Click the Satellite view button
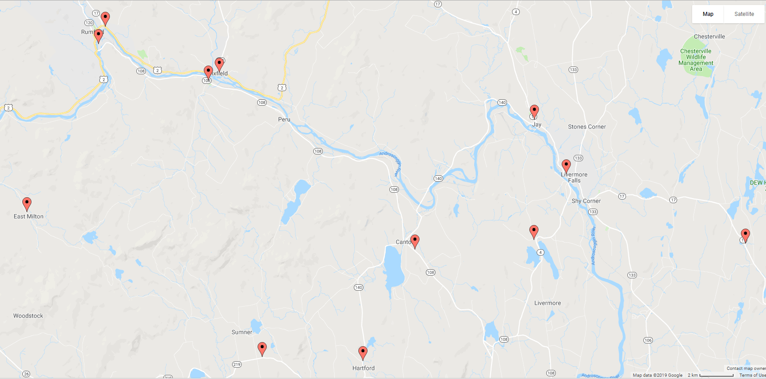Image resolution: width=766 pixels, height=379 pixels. point(744,14)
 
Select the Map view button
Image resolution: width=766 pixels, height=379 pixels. point(708,14)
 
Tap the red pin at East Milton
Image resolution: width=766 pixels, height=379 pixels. point(27,204)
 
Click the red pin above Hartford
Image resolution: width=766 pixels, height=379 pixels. point(363,353)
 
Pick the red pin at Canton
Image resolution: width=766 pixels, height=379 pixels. point(414,241)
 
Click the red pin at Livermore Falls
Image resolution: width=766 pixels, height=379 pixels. point(566,166)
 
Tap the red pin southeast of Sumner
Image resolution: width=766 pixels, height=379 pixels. point(262,348)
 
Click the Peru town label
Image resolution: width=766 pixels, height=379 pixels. point(284,119)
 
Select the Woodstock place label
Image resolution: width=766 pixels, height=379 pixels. point(28,316)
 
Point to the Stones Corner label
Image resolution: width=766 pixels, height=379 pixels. point(587,127)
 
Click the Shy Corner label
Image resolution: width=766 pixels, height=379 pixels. point(586,201)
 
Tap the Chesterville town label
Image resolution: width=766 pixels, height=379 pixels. point(709,36)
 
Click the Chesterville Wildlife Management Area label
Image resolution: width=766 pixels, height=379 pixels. point(696,60)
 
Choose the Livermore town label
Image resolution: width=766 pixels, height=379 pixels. point(548,303)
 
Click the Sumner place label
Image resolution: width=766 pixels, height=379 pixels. point(242,332)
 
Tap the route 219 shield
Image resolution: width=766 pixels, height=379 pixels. point(237,364)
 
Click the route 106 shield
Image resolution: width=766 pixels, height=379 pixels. point(648,340)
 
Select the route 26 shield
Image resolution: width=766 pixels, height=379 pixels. point(26,374)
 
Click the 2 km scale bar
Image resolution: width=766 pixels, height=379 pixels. point(716,375)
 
